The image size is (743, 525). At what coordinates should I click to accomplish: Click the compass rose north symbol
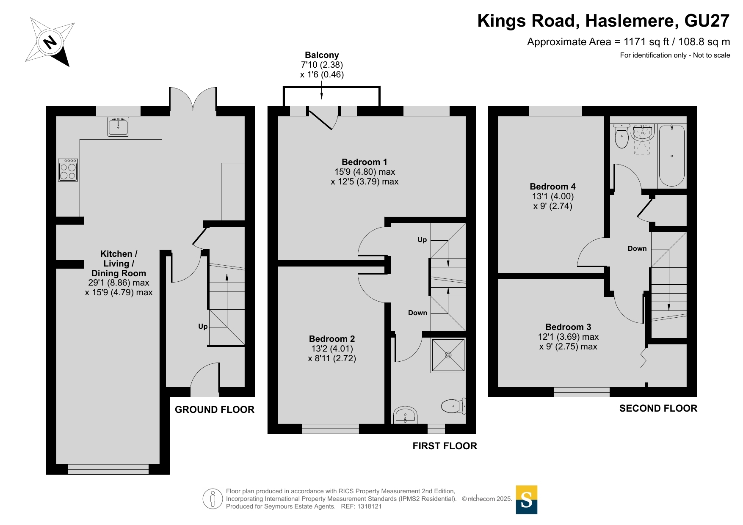[x=50, y=42]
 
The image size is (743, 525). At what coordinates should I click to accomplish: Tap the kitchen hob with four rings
[x=68, y=170]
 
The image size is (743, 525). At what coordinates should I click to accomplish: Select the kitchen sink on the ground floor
[x=118, y=126]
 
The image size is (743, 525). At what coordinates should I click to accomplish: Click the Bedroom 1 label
[x=365, y=162]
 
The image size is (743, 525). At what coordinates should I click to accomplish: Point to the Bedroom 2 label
[x=332, y=339]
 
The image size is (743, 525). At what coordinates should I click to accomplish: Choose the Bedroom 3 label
[x=568, y=327]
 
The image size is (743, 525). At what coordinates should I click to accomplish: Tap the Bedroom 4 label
[x=552, y=187]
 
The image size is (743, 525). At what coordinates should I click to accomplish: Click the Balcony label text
[x=322, y=55]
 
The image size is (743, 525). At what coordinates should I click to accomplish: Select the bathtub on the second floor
[x=672, y=156]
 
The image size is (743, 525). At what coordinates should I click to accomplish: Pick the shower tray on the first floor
[x=448, y=355]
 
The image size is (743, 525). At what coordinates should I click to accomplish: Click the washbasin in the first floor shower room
[x=405, y=415]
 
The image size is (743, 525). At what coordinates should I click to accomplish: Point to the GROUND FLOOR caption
[x=215, y=410]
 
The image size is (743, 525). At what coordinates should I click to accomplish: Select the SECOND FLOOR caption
[x=658, y=408]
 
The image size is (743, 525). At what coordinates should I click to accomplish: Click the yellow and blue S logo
[x=527, y=500]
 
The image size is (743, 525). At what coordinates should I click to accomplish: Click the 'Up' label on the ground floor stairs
[x=203, y=327]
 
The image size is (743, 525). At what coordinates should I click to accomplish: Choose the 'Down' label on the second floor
[x=637, y=249]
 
